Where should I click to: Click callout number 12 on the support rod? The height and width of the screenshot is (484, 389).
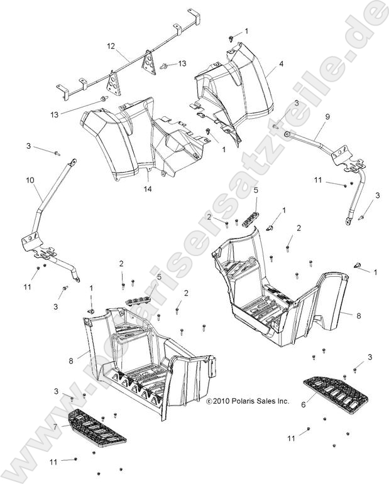tap(111, 46)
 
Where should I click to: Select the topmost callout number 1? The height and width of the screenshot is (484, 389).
tap(246, 31)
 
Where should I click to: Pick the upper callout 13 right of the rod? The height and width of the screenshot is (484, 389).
tap(182, 63)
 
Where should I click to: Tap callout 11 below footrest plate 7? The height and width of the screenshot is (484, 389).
tap(53, 461)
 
